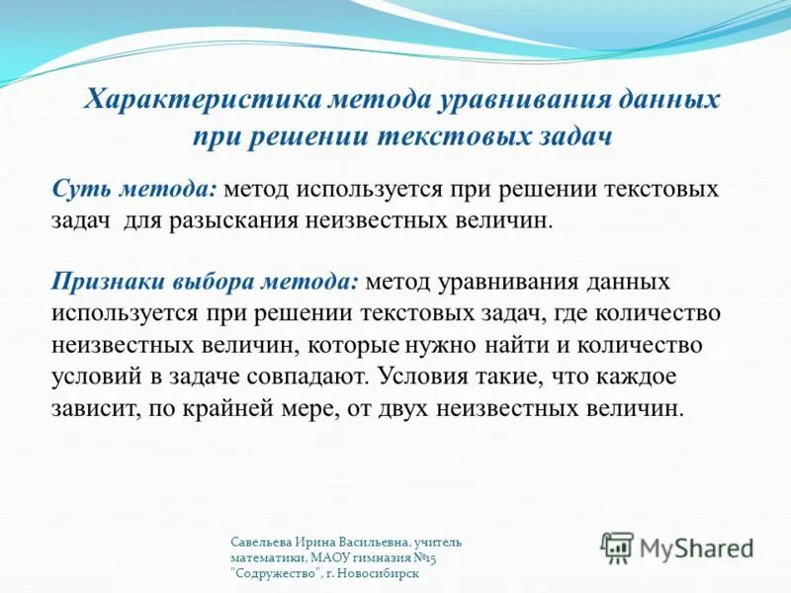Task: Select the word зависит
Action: tap(92, 408)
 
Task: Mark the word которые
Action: tap(354, 345)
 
